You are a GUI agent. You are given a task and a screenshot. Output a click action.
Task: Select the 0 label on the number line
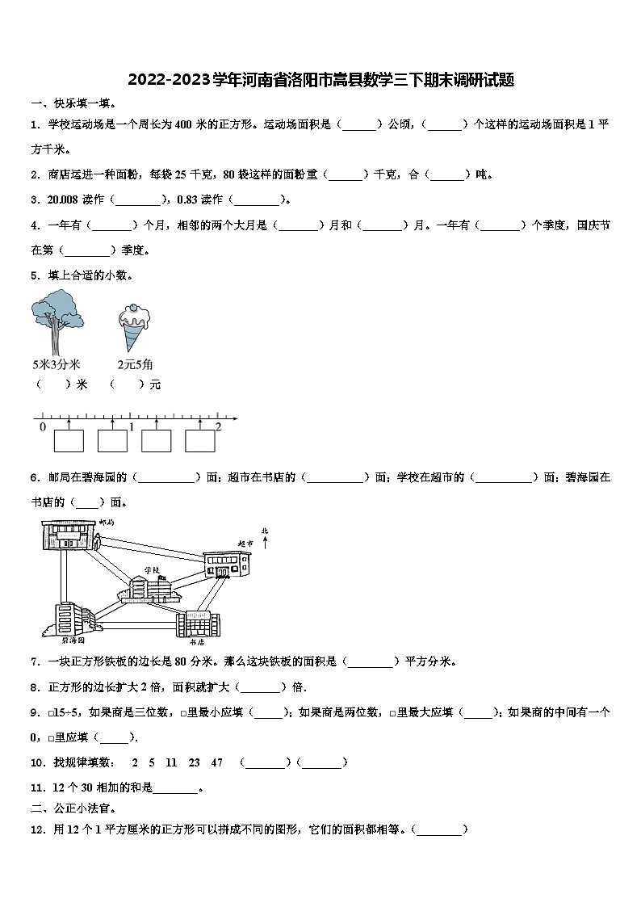click(x=43, y=426)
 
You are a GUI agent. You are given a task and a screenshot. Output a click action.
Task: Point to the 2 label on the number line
click(x=218, y=426)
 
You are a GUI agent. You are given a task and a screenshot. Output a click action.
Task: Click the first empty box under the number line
click(x=69, y=441)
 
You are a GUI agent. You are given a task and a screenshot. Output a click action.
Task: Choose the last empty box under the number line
click(x=200, y=441)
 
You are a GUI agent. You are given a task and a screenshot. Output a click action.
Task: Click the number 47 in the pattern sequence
click(x=216, y=762)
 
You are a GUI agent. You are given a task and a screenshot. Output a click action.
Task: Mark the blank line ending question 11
click(x=175, y=787)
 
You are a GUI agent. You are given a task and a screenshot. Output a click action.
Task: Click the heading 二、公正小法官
click(x=74, y=808)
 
